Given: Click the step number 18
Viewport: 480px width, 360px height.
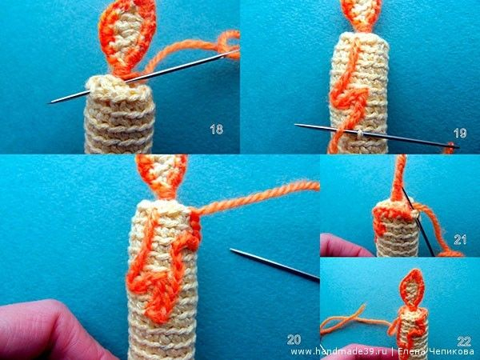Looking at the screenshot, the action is click(217, 129).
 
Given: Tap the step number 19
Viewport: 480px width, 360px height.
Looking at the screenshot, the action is click(460, 133).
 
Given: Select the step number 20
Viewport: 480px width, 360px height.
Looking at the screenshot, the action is click(294, 339).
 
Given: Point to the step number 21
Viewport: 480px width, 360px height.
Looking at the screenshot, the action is click(460, 240).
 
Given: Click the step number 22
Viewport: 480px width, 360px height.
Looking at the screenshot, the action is click(464, 342).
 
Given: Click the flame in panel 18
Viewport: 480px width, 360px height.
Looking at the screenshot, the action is click(127, 37).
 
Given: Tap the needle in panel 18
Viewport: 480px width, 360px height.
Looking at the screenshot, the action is click(144, 77).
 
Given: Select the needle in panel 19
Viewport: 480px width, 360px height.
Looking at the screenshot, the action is click(377, 135).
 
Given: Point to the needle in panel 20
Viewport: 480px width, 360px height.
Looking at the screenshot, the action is click(274, 264).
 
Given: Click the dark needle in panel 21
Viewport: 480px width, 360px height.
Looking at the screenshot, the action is click(418, 221).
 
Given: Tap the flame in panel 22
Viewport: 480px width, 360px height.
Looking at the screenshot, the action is click(413, 288).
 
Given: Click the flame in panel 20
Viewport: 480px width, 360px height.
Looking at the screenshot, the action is click(162, 174).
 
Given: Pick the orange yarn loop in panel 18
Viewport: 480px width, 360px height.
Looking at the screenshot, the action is click(226, 43).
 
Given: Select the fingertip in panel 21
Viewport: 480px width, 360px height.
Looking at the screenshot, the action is click(343, 246).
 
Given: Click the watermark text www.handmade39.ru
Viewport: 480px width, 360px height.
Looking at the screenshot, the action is click(339, 351).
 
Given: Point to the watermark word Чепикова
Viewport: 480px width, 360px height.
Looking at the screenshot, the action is click(453, 351).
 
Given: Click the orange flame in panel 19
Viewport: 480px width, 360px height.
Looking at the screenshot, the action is click(362, 14).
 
